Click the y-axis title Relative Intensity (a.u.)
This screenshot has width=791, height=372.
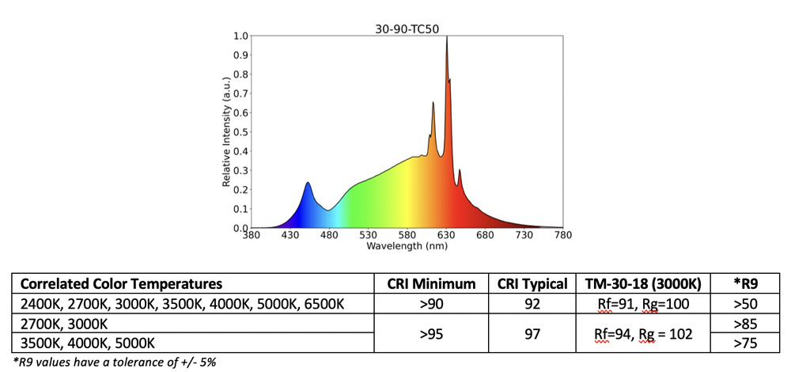click(x=226, y=132)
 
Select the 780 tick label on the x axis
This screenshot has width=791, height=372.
click(x=563, y=236)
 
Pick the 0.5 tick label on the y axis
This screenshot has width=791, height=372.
click(x=240, y=132)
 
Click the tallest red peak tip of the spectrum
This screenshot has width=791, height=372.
click(x=447, y=37)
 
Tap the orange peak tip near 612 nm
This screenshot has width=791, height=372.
click(x=433, y=103)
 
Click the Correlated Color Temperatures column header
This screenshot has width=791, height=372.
click(x=121, y=284)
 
